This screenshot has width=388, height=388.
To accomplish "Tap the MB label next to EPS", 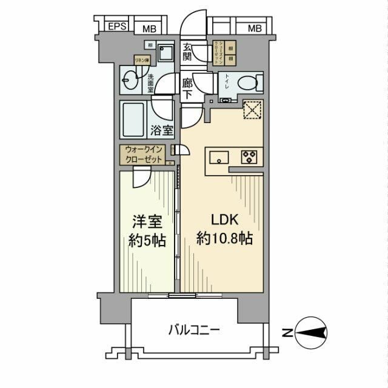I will click(x=148, y=28).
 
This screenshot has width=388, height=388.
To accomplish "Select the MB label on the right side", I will click(x=255, y=28).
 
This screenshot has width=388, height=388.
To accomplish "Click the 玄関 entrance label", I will click(x=188, y=52).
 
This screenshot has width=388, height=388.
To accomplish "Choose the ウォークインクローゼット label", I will click(x=144, y=155).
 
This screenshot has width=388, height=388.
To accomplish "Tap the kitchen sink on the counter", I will click(x=218, y=157).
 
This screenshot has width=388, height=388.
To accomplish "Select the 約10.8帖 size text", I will click(x=224, y=238).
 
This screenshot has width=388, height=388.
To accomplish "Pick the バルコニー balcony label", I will click(x=195, y=330).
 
